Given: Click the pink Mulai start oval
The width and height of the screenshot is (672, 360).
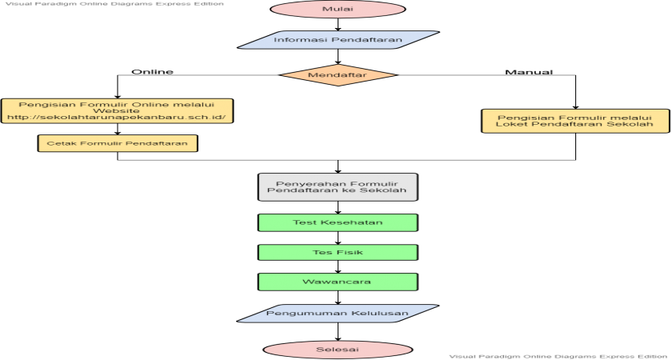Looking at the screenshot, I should click(x=338, y=10).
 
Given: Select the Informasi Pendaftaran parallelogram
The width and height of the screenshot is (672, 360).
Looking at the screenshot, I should click(x=338, y=40).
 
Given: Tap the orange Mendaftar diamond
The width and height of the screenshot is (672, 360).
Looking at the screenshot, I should click(x=338, y=75).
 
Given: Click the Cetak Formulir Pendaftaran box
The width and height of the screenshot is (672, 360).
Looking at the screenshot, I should click(x=118, y=143).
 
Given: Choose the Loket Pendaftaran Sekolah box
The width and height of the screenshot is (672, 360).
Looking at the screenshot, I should click(x=574, y=121).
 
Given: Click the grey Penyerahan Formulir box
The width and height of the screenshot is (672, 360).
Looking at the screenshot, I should click(x=338, y=186).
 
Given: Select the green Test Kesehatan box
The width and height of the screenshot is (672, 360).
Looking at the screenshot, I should click(x=338, y=222).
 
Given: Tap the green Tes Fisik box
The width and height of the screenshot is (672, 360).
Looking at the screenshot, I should click(x=338, y=252).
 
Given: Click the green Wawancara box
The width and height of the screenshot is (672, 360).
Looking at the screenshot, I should click(x=338, y=282).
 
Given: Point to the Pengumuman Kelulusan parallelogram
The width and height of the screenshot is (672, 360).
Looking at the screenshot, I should click(x=338, y=313).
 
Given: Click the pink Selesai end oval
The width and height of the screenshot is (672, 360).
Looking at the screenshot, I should click(x=338, y=350).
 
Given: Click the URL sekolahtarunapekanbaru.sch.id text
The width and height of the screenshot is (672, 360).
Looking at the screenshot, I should click(x=117, y=118).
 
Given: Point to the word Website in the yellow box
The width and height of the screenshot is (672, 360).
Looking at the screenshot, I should click(x=117, y=110).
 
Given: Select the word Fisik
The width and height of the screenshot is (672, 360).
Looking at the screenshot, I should click(x=350, y=252).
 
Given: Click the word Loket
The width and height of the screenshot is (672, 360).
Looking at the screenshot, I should click(x=509, y=125).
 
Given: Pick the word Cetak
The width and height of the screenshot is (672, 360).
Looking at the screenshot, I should click(x=60, y=143).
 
